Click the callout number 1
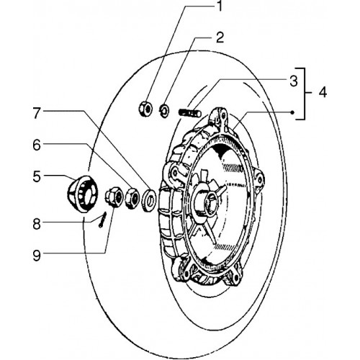[x=219, y=6]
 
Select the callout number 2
[x=220, y=37]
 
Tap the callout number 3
[x=293, y=81]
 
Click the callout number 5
[x=37, y=176]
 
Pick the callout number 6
[x=37, y=145]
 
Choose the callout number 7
[x=37, y=113]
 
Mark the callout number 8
[x=37, y=224]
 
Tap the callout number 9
[x=37, y=256]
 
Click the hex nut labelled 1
[x=145, y=109]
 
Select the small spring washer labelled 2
[x=164, y=110]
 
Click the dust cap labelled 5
[x=82, y=194]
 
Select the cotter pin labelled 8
[x=102, y=220]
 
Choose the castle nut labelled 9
[x=114, y=197]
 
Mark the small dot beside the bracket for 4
[x=292, y=112]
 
